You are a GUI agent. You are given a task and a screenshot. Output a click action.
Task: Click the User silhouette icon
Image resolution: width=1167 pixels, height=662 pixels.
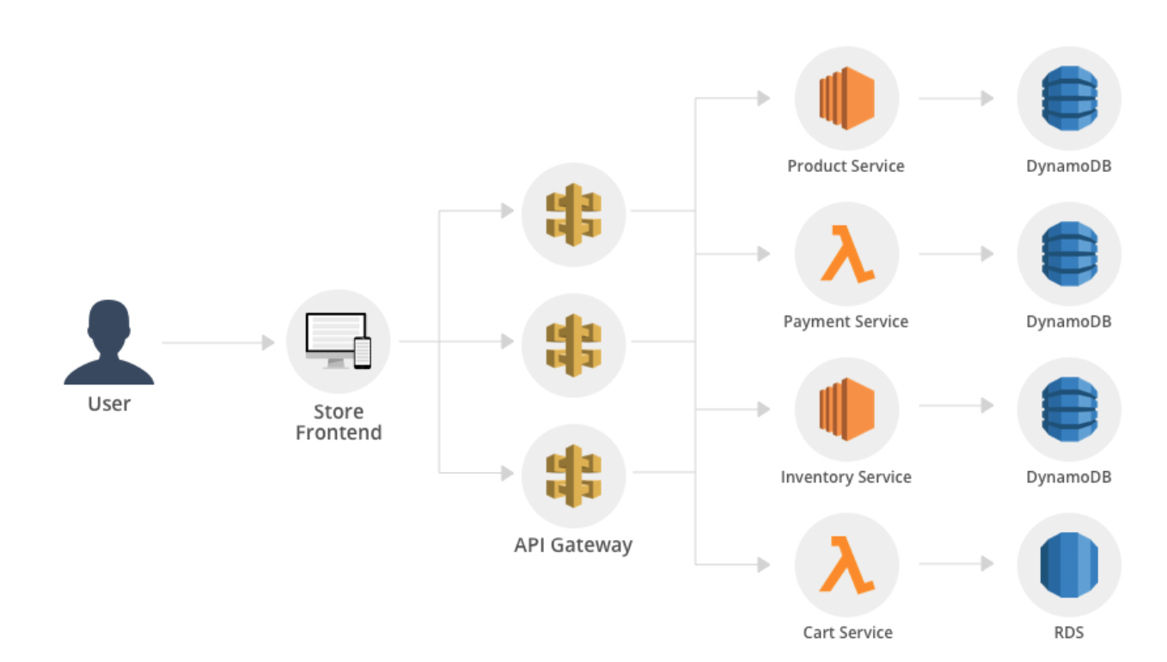[x=109, y=342]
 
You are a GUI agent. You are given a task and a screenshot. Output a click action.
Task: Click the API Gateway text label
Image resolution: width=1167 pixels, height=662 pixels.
[x=573, y=545]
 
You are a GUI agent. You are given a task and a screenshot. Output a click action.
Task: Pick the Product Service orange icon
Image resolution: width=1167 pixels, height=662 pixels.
[x=846, y=99]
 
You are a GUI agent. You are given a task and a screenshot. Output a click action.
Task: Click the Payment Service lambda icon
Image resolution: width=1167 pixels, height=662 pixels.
[x=846, y=254]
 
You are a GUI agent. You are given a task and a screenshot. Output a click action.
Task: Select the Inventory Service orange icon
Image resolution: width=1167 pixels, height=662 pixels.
[x=846, y=410]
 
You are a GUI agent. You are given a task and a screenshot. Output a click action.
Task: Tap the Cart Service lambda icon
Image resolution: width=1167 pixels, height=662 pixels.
[x=846, y=565]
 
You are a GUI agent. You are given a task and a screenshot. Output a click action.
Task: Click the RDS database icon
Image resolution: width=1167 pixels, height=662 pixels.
[x=1069, y=565]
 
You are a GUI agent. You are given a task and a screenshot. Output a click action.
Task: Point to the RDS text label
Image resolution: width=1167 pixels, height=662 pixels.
[x=1069, y=633]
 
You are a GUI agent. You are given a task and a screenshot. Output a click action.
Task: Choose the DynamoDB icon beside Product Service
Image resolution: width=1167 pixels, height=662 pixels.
[x=1069, y=99]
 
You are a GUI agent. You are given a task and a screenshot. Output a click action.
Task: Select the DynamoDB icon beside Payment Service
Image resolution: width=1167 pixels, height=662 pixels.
[x=1069, y=254]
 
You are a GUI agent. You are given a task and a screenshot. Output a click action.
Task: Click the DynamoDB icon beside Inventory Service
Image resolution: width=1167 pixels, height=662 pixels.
[x=1069, y=410]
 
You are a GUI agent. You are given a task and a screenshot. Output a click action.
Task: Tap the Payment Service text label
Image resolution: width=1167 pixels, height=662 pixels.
[x=846, y=322]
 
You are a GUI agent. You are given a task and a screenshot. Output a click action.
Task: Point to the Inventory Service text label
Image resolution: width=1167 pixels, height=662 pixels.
[x=846, y=477]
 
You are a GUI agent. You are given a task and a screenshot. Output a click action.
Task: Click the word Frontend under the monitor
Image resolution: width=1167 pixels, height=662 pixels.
[x=339, y=432]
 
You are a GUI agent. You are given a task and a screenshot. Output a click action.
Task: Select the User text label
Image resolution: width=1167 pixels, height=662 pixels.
[x=109, y=403]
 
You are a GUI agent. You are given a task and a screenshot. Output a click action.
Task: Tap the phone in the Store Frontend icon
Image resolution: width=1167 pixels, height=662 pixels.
[x=363, y=352]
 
